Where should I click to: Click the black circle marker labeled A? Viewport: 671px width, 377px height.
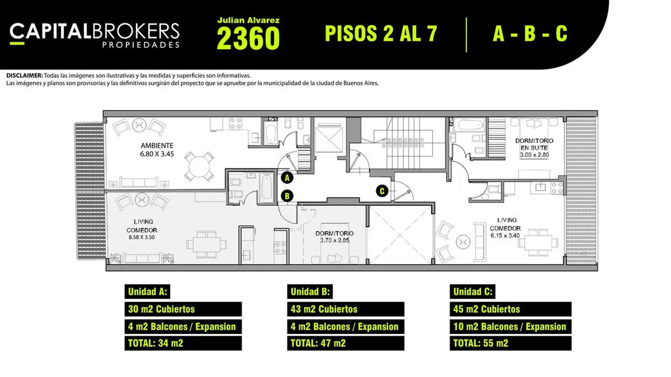[x=287, y=178]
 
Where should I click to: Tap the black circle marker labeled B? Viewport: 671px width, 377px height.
[x=287, y=196]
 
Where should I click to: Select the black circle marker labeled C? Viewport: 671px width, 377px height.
[x=382, y=191]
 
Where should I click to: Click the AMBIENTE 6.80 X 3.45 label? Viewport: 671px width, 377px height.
[x=157, y=150]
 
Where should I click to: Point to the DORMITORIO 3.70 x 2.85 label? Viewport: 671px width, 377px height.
[x=334, y=237]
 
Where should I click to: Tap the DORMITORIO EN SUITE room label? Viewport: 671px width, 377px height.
[x=534, y=148]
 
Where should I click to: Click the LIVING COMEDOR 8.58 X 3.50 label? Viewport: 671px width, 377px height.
[x=142, y=229]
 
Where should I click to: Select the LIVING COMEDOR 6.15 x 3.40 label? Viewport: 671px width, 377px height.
[x=505, y=228]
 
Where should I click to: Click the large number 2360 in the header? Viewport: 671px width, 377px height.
[x=248, y=38]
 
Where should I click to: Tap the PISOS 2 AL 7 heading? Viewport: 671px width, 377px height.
[x=381, y=34]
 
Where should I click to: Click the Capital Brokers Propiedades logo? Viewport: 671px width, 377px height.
[x=94, y=35]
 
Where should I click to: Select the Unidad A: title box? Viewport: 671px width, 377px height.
[x=147, y=291]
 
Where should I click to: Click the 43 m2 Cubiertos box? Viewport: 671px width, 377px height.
[x=346, y=309]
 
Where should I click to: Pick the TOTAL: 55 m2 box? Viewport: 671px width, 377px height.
[x=511, y=343]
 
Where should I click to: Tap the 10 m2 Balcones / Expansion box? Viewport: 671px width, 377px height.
[x=511, y=326]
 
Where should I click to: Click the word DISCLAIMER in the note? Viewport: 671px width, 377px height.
[x=24, y=75]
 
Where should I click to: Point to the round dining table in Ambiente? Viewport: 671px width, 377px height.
[x=199, y=166]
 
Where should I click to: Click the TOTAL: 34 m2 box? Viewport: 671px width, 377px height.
[x=183, y=343]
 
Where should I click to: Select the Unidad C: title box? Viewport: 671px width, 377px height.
[x=472, y=291]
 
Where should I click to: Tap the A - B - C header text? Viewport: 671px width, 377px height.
[x=530, y=34]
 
